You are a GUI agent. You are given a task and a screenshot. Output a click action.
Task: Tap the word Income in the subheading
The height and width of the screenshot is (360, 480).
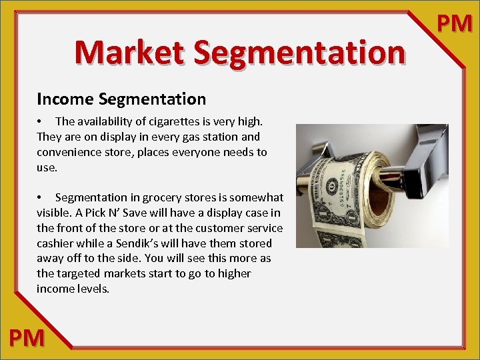(65, 99)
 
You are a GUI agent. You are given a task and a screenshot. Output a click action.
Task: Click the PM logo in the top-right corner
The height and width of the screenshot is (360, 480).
(454, 23)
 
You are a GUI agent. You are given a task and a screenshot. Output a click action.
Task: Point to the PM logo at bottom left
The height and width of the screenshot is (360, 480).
(27, 338)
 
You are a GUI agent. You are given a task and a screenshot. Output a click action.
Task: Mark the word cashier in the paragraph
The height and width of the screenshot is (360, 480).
(55, 243)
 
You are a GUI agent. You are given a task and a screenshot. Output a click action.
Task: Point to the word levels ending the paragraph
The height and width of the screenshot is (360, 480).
(93, 289)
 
